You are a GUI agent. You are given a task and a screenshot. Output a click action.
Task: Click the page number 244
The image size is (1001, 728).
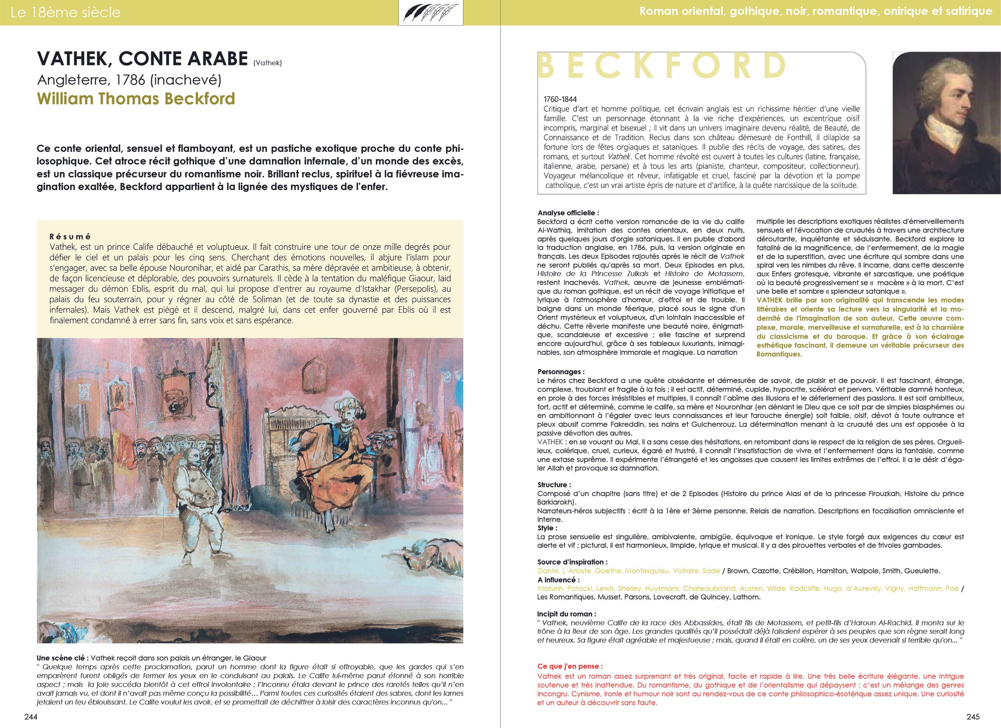(31, 716)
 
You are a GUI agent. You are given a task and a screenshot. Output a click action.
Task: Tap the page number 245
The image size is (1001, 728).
(969, 716)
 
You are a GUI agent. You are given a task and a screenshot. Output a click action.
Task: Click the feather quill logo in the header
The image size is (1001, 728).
(430, 13)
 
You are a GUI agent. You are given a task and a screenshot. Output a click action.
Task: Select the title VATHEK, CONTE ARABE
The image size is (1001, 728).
(143, 59)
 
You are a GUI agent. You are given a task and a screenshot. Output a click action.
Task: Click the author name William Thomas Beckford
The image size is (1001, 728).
(136, 99)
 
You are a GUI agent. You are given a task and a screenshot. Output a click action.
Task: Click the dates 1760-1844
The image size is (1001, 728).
(560, 99)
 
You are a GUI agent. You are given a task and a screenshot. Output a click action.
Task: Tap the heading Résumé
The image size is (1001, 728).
(70, 237)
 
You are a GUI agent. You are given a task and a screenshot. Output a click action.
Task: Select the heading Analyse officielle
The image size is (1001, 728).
(568, 213)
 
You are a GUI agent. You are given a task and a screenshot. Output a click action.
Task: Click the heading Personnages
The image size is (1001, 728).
(561, 372)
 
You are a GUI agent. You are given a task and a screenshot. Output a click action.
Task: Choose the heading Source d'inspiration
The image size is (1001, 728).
(572, 561)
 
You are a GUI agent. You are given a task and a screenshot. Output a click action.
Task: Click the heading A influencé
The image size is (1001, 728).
(558, 580)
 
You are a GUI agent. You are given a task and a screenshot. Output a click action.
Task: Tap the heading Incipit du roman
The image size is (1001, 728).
(567, 613)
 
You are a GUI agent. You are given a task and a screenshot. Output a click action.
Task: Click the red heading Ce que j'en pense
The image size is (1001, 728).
(570, 666)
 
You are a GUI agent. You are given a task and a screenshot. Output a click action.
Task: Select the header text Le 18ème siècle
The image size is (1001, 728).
(65, 12)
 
